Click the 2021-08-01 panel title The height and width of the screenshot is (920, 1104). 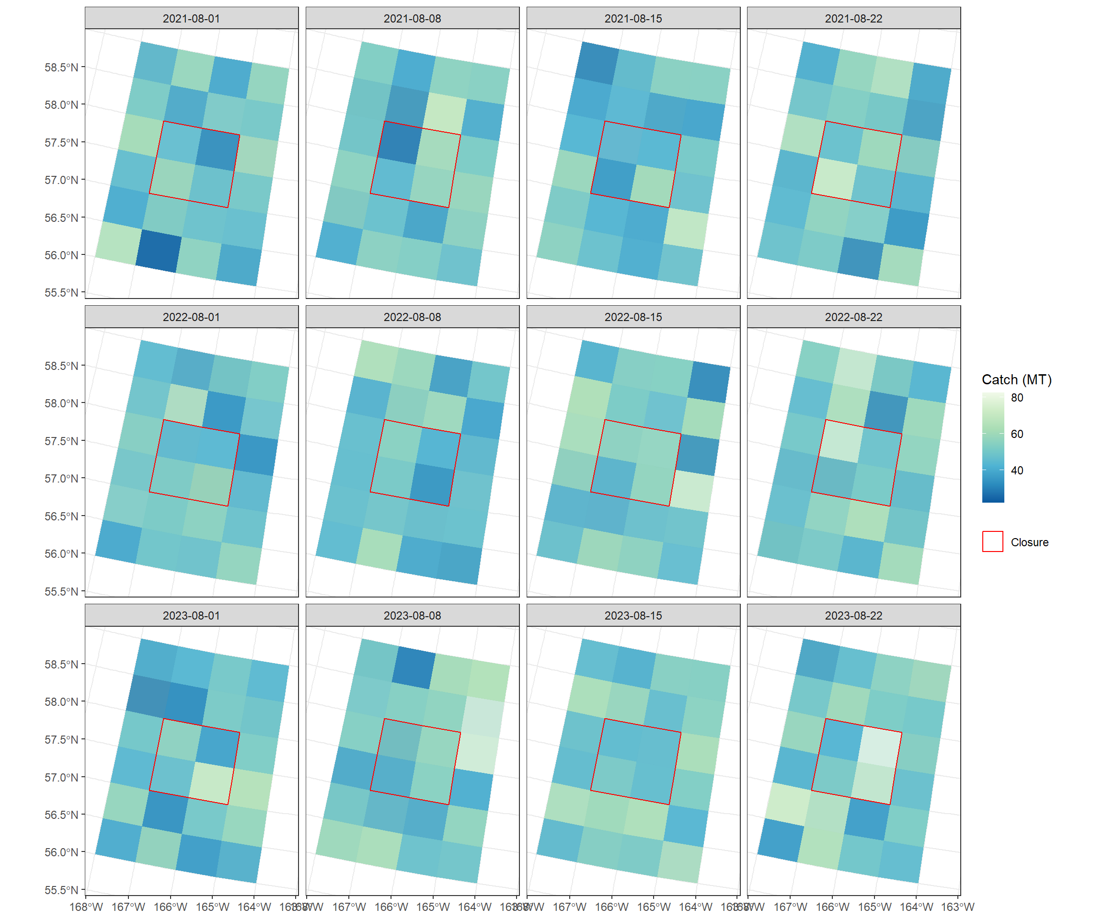coord(191,18)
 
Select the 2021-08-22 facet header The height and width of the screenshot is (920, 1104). coord(853,18)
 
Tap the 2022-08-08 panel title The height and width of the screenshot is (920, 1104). coord(412,317)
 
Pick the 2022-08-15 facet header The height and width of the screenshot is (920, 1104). coord(633,317)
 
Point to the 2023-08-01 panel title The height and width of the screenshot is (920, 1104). coord(191,616)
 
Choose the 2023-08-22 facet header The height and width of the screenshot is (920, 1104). coord(853,616)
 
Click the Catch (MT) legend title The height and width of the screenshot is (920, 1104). coord(1016,379)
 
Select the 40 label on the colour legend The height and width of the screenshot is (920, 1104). coord(1017,471)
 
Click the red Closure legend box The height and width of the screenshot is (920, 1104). coord(992,541)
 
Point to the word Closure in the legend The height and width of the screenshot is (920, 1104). coord(1029,542)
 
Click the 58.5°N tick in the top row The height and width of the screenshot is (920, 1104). coord(61,67)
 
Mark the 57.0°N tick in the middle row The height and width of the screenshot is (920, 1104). coord(61,478)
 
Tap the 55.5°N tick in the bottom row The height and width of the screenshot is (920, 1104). coord(61,890)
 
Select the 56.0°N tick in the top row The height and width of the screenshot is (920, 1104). coord(61,255)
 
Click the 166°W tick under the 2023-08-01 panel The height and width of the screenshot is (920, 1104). coord(170,907)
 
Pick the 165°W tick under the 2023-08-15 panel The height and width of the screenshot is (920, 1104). coord(654,907)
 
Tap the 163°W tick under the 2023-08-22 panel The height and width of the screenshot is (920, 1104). coord(957,907)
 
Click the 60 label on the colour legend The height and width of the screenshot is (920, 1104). coord(1017,434)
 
